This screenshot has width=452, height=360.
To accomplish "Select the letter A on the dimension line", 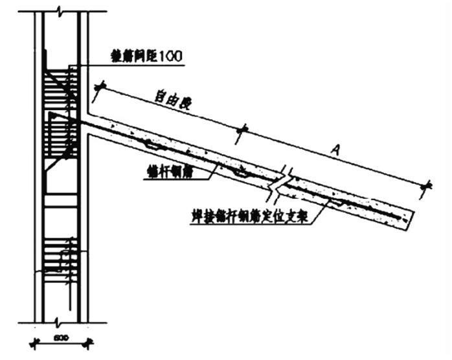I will pyautogui.click(x=336, y=150).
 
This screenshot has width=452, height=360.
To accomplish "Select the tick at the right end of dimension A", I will pyautogui.click(x=425, y=187).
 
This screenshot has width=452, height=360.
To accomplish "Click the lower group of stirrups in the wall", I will pyautogui.click(x=61, y=256).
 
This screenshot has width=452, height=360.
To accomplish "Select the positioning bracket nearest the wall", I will pyautogui.click(x=153, y=146).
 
